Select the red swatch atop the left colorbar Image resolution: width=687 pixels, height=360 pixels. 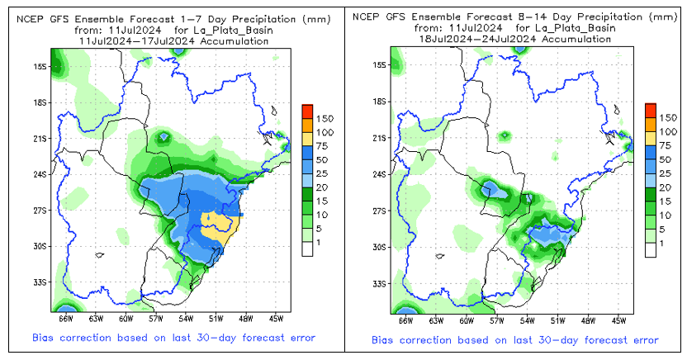click(306, 110)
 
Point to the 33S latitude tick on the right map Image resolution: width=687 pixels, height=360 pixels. click(380, 283)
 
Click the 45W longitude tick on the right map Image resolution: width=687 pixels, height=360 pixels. click(618, 319)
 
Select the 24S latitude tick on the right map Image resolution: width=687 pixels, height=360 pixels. click(380, 174)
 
